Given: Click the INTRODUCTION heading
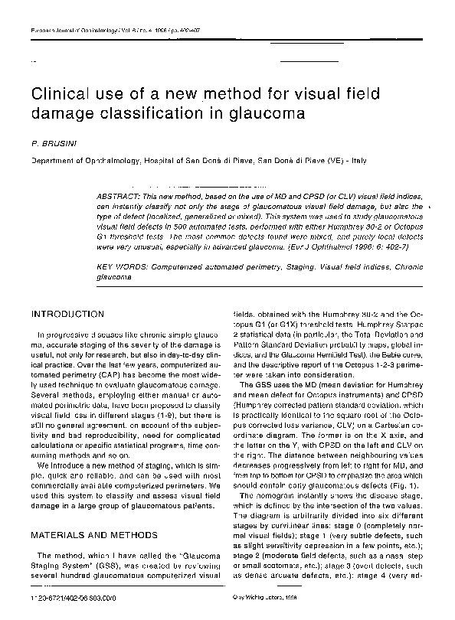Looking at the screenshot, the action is (67, 314).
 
